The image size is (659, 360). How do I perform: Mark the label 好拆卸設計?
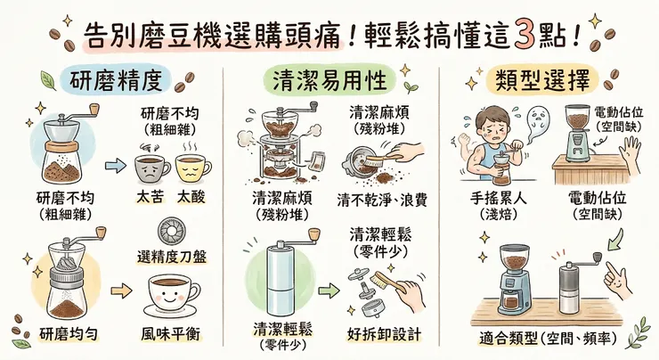point(384,335)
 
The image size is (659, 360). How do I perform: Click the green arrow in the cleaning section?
point(330,291)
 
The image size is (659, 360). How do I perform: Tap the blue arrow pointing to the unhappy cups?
point(114,165)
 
